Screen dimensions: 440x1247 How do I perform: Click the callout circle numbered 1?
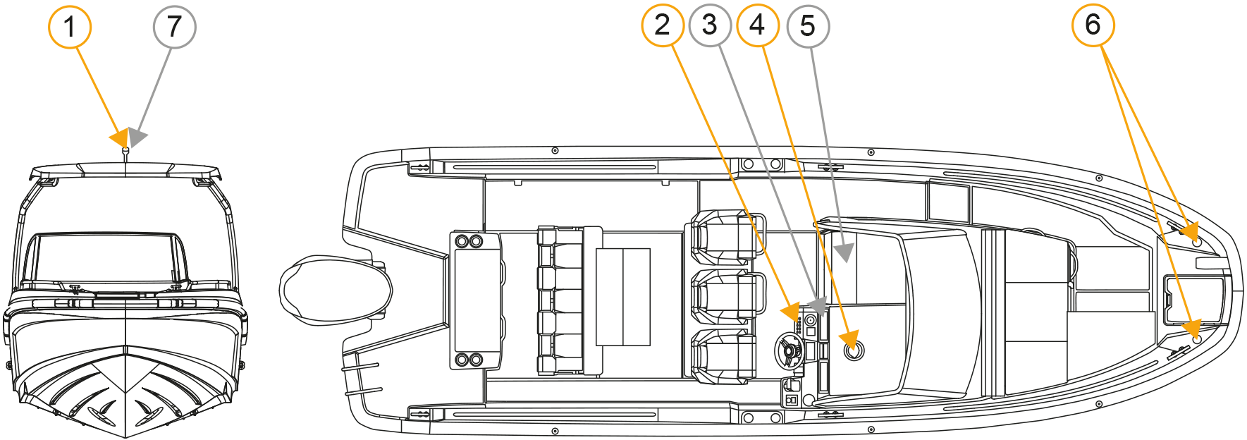coord(69,27)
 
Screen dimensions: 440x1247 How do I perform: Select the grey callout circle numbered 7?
coord(174,27)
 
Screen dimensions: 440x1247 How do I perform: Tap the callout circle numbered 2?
coord(662,25)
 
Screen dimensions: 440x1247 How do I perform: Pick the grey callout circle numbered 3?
coord(710,25)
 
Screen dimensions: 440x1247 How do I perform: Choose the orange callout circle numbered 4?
coord(758,25)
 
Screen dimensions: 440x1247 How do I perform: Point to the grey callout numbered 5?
coord(807,27)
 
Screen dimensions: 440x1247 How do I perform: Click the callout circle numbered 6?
coord(1093,25)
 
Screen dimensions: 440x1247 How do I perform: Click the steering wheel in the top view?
coord(789,350)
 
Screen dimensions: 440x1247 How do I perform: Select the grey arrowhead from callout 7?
coord(137,137)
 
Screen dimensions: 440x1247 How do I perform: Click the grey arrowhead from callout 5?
coord(843,252)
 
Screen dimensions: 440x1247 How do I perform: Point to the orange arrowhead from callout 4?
coord(849,339)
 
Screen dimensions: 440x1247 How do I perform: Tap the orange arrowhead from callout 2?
coord(792,311)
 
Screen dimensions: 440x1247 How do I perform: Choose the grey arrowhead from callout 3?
coord(817,305)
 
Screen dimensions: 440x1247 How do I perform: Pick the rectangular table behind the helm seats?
coord(623,296)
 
